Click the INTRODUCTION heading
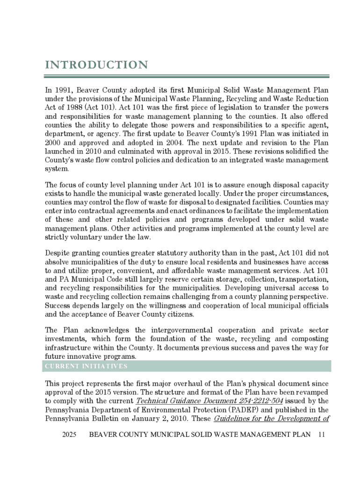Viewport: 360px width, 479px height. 97,65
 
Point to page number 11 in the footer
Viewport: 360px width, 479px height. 321,435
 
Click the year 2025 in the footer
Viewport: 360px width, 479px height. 69,435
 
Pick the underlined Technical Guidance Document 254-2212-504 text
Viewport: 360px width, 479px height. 209,401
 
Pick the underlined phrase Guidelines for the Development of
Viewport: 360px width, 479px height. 272,419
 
